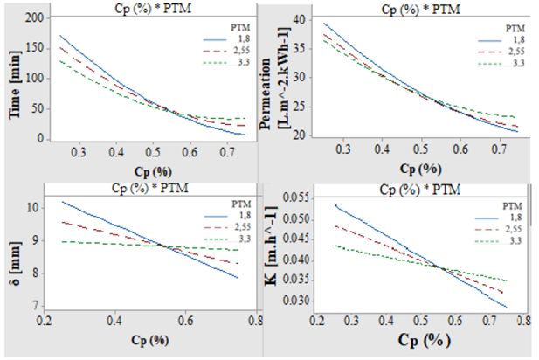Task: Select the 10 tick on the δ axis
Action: (x=36, y=208)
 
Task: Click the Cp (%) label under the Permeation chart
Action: (x=416, y=167)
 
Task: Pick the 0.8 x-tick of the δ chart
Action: (x=253, y=322)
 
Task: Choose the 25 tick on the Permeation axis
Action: (x=302, y=107)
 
